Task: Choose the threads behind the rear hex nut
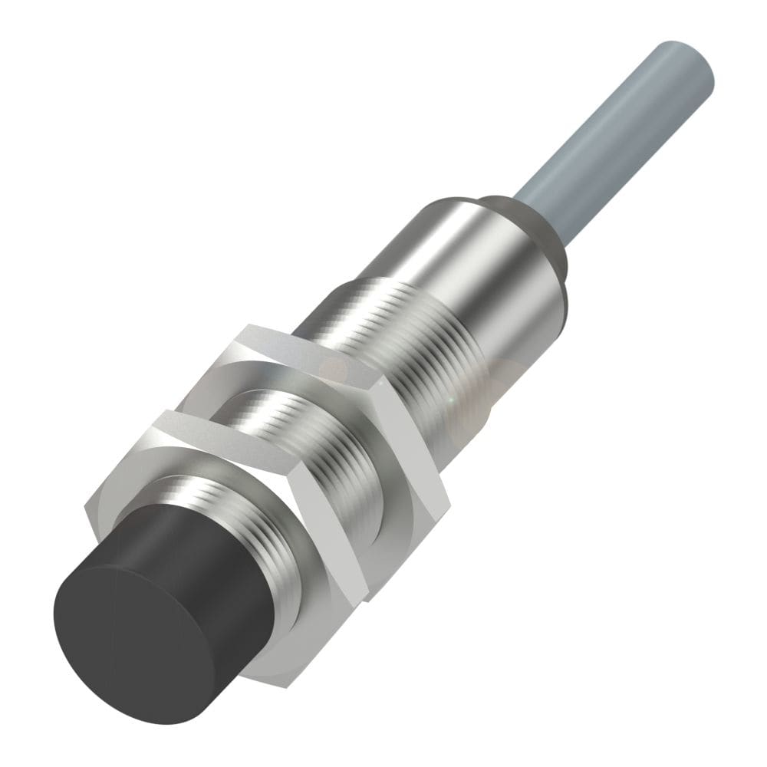(399, 322)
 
